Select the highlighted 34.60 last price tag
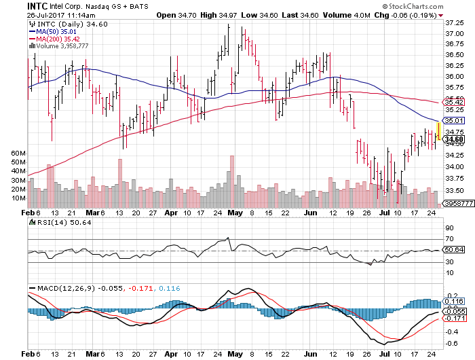[453, 139]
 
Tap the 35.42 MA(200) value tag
[453, 102]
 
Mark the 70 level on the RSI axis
[449, 239]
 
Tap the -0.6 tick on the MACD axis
[451, 344]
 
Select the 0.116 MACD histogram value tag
[453, 300]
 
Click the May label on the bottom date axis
[235, 354]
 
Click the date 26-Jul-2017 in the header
[51, 14]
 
